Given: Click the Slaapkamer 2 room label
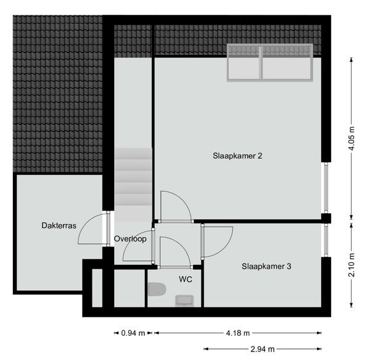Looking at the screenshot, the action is click(x=237, y=156).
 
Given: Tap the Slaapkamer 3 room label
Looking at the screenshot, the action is click(x=266, y=267).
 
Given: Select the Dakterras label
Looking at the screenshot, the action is click(x=59, y=225).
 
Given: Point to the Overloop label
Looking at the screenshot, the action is click(x=130, y=239).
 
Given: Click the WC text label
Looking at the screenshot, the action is click(x=186, y=279).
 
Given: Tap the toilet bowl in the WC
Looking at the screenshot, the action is click(x=157, y=289).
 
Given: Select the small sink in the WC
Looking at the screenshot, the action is click(x=184, y=301).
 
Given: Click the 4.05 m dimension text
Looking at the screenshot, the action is click(x=351, y=138).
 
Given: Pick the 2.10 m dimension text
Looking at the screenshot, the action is click(x=351, y=265).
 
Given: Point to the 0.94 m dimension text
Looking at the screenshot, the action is click(x=133, y=333).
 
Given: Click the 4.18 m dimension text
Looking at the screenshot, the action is click(x=238, y=333).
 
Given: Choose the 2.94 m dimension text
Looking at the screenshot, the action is click(x=263, y=349).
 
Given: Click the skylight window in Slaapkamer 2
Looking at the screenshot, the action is click(x=270, y=62).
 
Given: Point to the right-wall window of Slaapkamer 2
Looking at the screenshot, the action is click(x=326, y=188).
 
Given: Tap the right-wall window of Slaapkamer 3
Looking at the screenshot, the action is click(x=326, y=240).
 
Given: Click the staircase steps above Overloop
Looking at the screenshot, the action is click(x=133, y=185).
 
